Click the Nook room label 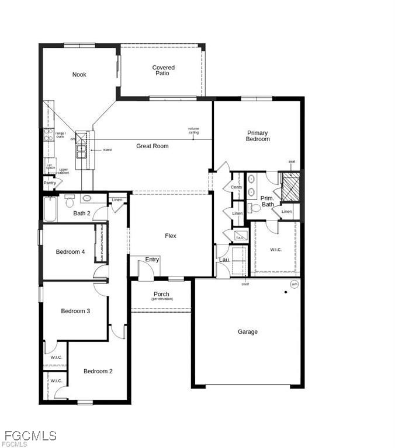click(79, 75)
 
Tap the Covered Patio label click(163, 71)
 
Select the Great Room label click(153, 146)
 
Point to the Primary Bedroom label click(258, 136)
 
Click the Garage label click(247, 332)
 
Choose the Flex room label click(170, 236)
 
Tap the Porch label click(161, 295)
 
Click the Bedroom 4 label click(71, 252)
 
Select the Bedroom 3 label click(75, 311)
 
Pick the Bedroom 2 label click(98, 371)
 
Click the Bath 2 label click(82, 213)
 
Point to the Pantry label click(50, 183)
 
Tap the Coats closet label click(236, 187)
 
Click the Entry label click(152, 260)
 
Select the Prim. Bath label click(267, 201)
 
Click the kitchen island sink click(80, 150)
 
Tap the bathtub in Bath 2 click(50, 209)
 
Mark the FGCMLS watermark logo click(29, 436)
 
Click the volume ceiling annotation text click(193, 131)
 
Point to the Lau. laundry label click(223, 260)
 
